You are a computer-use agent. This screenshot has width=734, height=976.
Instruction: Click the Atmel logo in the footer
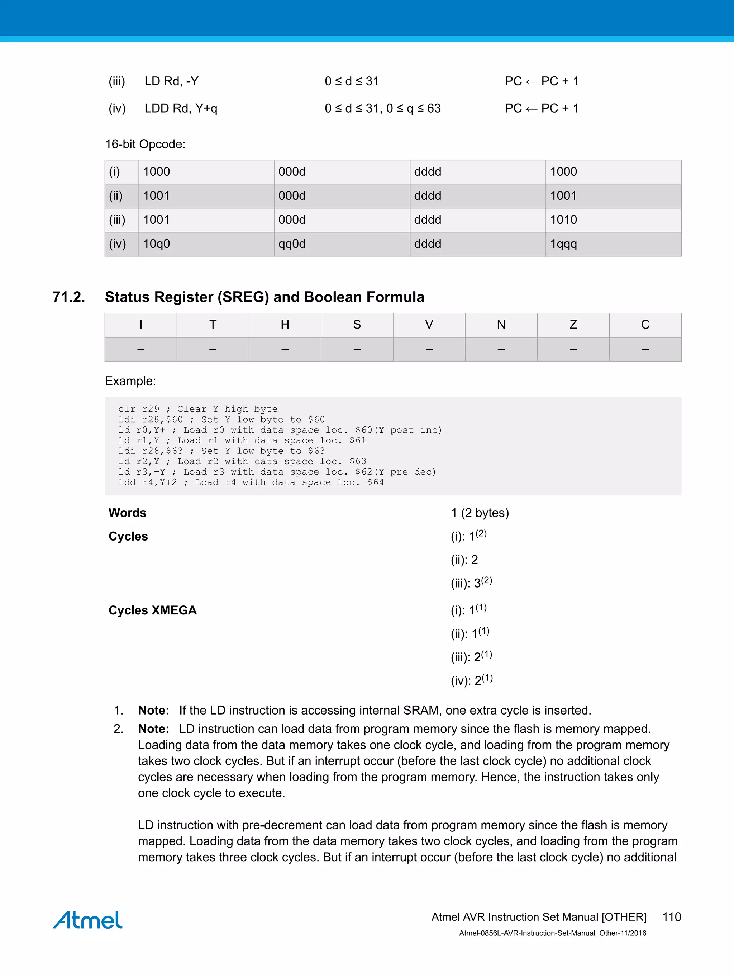click(87, 920)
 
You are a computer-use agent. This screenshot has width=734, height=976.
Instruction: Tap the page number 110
click(671, 917)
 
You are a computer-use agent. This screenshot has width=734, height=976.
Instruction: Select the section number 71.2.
click(69, 297)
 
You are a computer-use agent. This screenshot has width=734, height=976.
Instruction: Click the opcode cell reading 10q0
click(157, 244)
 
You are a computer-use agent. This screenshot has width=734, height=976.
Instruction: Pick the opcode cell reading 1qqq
click(563, 244)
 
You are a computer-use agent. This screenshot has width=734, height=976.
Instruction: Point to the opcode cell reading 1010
click(563, 220)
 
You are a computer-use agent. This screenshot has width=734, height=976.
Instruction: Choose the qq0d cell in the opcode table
click(292, 244)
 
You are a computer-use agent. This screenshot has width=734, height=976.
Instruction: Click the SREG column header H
click(285, 325)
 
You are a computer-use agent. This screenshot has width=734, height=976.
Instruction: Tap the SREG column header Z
click(573, 325)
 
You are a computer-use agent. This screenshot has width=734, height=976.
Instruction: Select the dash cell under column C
click(645, 349)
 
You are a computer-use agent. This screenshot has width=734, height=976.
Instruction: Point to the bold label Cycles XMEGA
click(153, 610)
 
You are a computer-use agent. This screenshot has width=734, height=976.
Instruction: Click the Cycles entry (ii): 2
click(464, 560)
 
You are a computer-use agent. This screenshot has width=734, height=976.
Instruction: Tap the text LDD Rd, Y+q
click(181, 109)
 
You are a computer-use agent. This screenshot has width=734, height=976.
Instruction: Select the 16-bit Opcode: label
click(145, 144)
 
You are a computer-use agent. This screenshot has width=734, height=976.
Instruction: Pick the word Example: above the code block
click(130, 381)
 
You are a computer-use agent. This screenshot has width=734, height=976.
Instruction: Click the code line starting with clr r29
click(198, 409)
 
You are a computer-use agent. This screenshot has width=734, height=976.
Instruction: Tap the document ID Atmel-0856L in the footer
click(552, 933)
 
